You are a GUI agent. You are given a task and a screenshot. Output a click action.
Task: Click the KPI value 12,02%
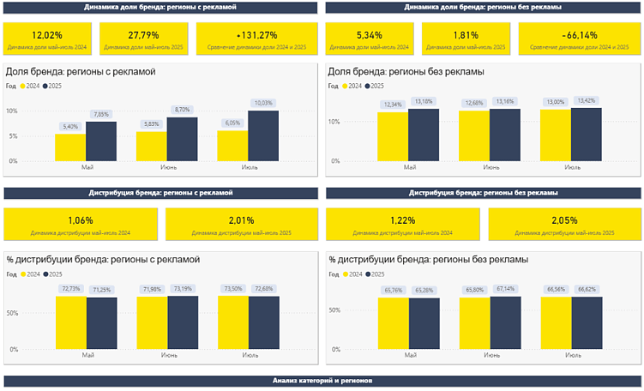47,35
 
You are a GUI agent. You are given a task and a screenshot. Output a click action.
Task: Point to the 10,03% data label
263,103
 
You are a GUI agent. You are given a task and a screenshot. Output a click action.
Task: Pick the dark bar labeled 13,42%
586,134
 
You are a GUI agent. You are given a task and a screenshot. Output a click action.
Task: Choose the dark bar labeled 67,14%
504,324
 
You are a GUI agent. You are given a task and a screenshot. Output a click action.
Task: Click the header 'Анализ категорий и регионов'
322,381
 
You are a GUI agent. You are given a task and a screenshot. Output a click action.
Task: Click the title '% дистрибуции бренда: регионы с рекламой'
102,258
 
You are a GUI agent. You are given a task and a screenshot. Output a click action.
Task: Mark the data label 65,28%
424,291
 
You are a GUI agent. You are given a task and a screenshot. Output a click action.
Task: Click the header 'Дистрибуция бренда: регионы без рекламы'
483,194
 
